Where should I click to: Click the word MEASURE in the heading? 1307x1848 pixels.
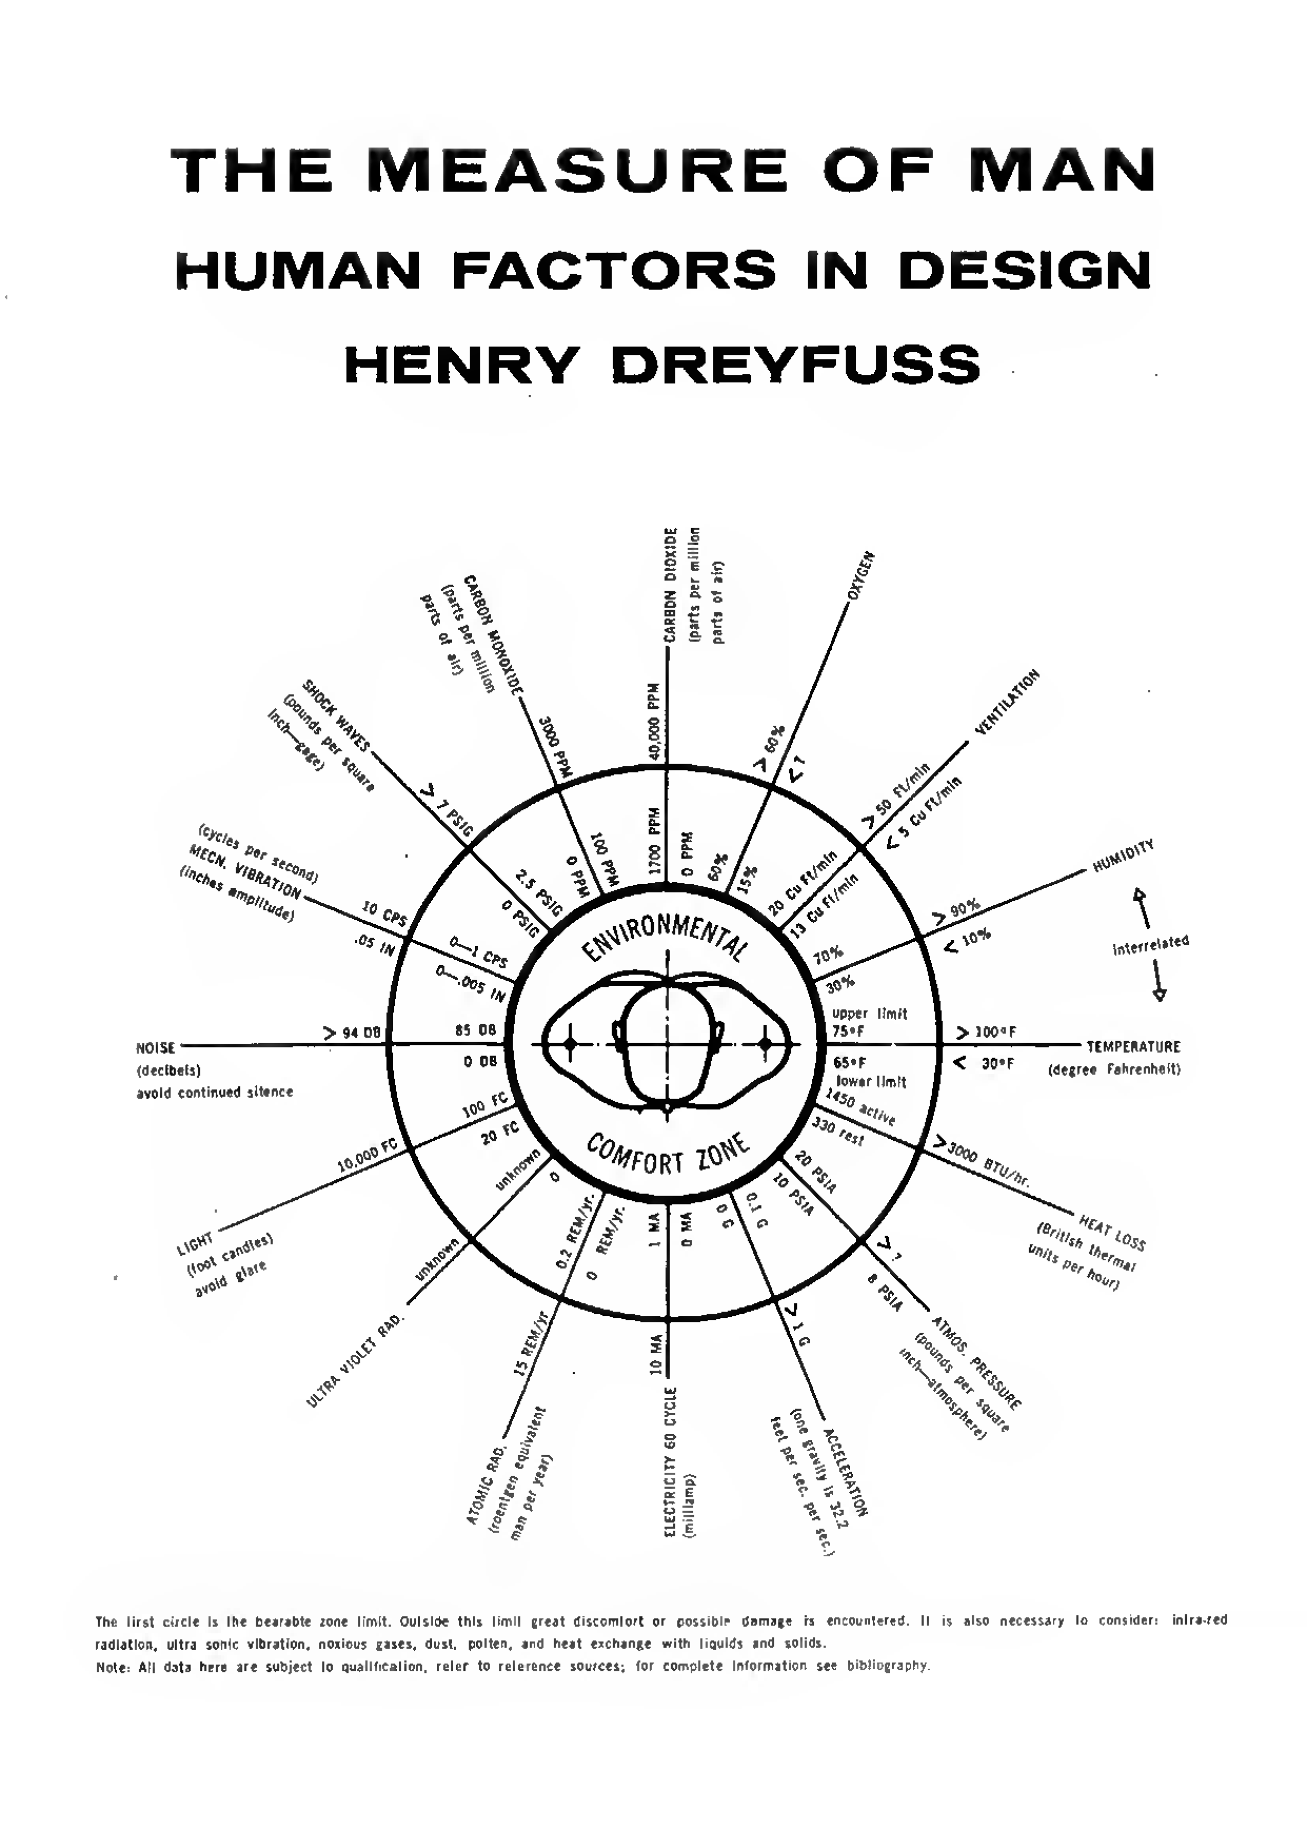point(583,171)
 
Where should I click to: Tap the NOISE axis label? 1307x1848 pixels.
point(156,1048)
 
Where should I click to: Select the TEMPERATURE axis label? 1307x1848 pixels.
point(1133,1047)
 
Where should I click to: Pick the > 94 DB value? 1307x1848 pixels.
point(352,1033)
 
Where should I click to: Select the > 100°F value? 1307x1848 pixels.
point(986,1033)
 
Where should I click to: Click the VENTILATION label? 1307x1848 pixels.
point(1007,702)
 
